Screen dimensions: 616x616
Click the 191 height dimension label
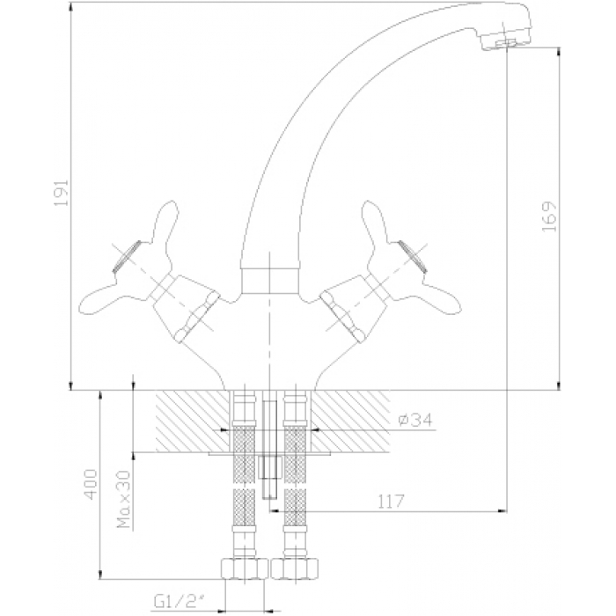(x=61, y=193)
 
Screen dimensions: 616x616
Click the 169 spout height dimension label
(x=549, y=216)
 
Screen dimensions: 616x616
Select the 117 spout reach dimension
(x=391, y=501)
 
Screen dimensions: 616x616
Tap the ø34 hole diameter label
(x=415, y=420)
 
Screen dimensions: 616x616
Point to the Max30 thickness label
(x=124, y=499)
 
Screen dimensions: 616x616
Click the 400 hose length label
(x=91, y=484)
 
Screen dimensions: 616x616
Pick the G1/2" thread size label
(x=180, y=602)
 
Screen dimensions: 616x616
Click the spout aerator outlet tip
(x=507, y=43)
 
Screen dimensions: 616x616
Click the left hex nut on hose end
(x=244, y=569)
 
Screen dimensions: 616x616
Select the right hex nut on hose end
(x=294, y=569)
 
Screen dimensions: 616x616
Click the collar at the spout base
(x=269, y=281)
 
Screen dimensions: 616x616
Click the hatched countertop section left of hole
(x=193, y=422)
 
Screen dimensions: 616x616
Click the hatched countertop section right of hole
(x=350, y=422)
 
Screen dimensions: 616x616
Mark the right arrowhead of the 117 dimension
(x=502, y=511)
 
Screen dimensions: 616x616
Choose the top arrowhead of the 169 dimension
(x=559, y=52)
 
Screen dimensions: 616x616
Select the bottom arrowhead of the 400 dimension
(x=100, y=574)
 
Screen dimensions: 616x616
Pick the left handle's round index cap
(x=127, y=256)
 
